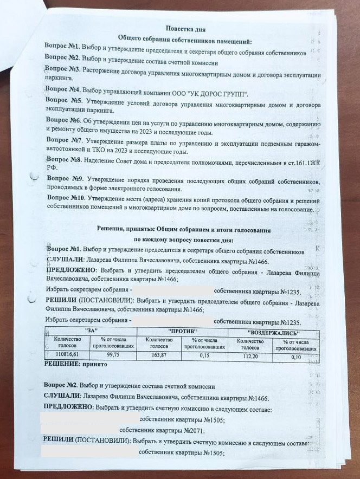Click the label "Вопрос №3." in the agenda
point(63,70)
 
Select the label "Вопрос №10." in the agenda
point(65,198)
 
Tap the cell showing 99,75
point(113,354)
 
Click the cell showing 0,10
point(295,357)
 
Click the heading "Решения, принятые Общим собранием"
point(183,230)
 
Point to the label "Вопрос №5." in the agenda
point(64,101)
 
